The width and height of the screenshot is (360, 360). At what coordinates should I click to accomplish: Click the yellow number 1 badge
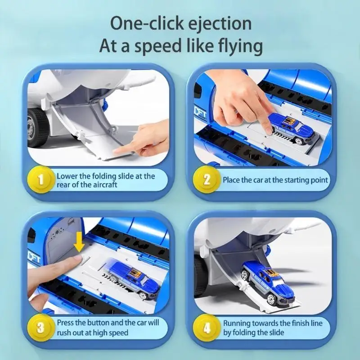(x=41, y=180)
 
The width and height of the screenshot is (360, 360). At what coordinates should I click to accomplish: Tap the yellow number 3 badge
(x=41, y=328)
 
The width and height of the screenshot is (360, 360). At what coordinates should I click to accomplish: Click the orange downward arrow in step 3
(x=80, y=242)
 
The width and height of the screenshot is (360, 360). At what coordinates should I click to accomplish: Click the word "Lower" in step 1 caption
(x=67, y=176)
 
